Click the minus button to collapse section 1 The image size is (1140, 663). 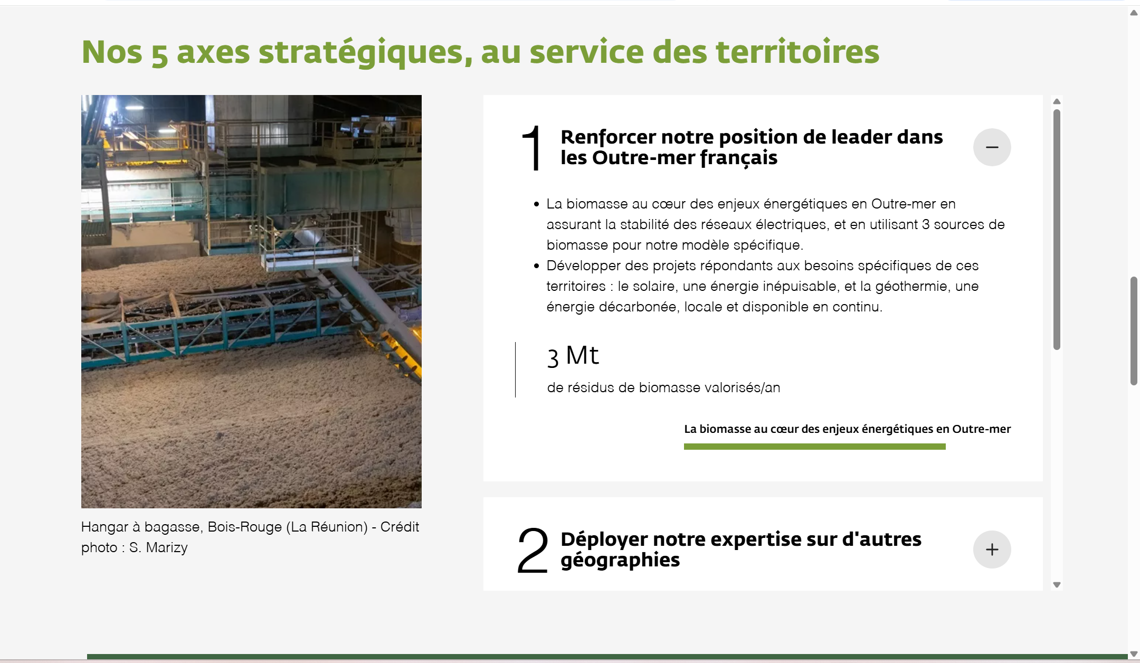[x=992, y=147]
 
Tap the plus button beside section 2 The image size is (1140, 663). [x=992, y=550]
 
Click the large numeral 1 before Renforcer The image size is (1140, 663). [x=532, y=148]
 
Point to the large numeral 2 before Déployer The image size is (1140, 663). [x=532, y=550]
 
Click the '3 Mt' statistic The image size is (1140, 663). [x=573, y=356]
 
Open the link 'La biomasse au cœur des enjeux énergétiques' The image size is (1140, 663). [x=847, y=429]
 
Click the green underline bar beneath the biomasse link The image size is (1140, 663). [x=814, y=447]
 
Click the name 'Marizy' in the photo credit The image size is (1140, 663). [x=166, y=548]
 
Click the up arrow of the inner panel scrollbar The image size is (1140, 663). [x=1057, y=101]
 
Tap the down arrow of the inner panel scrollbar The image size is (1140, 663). [x=1057, y=585]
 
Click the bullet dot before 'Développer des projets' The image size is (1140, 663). [x=536, y=266]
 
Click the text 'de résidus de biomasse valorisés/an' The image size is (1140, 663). [x=663, y=387]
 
